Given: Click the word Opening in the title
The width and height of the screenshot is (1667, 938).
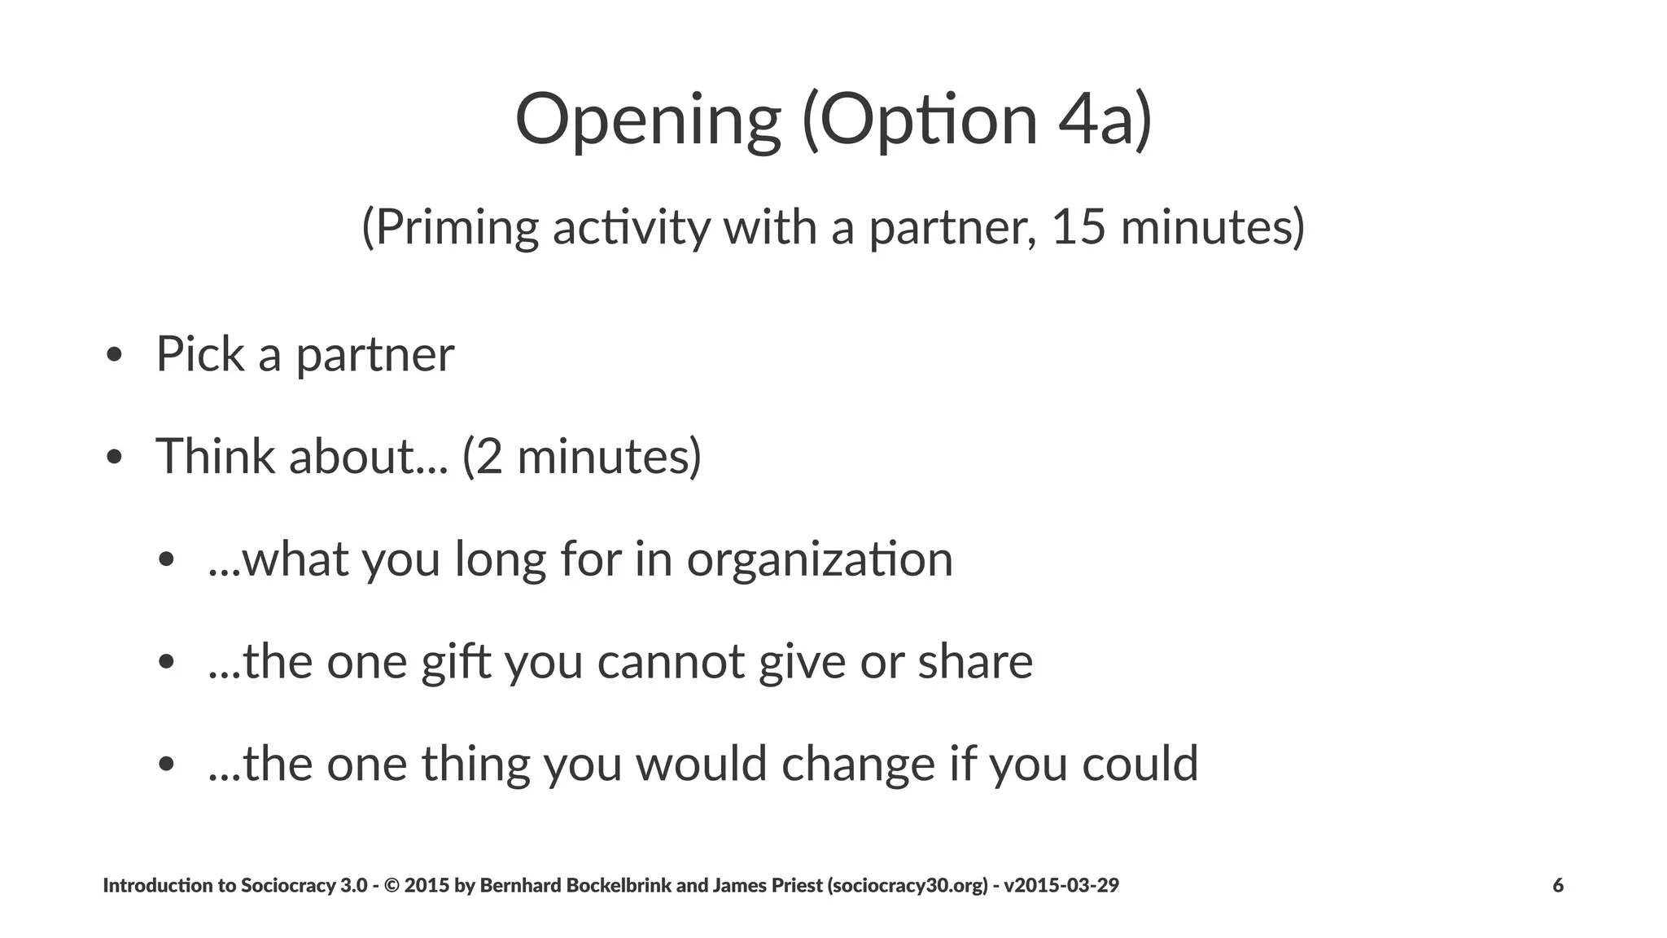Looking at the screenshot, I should pos(648,121).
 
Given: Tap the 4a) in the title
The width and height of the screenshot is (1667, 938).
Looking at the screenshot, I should pos(1105,121).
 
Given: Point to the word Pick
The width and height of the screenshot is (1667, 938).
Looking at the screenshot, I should pos(200,354).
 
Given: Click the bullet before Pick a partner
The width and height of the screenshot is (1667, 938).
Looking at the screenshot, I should pos(114,355).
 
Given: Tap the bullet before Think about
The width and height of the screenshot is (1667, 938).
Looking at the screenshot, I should pos(114,458).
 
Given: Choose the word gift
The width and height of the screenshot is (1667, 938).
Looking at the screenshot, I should pos(455,662).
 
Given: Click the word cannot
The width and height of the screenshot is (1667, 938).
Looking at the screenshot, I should pos(670,661).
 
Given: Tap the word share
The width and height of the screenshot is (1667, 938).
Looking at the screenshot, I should pos(975,661).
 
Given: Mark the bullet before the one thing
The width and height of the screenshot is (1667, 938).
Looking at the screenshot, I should pos(167,765).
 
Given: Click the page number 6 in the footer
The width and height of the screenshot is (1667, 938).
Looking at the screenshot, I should pos(1558,885).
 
